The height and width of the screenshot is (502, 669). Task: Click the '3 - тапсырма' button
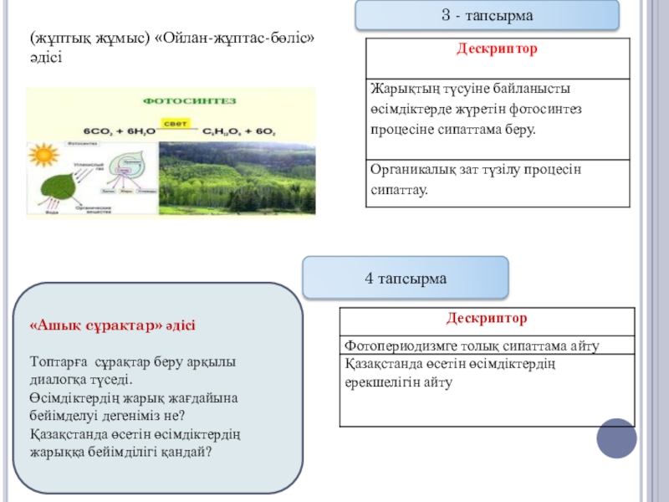[488, 16]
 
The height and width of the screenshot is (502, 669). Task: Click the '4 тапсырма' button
[406, 278]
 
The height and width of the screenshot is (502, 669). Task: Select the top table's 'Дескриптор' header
[497, 49]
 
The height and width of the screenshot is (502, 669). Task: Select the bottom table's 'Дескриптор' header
[486, 319]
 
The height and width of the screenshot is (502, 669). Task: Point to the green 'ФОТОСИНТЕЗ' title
[191, 101]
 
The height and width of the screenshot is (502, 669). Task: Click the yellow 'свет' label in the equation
[174, 123]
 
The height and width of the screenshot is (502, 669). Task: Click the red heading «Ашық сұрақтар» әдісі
[112, 325]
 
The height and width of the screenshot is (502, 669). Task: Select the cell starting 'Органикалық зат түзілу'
[497, 180]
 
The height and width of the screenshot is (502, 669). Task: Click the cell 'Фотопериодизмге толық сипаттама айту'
[487, 346]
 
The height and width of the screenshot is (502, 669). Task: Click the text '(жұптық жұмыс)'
[87, 38]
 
